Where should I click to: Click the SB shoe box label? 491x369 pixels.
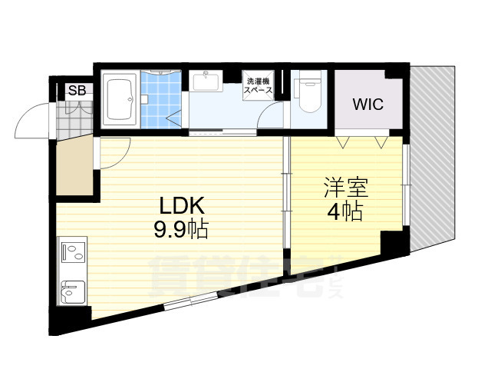77,91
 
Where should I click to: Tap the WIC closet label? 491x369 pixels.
367,105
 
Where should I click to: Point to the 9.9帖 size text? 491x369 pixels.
182,228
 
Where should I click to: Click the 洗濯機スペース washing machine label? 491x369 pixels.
258,86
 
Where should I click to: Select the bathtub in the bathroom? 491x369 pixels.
120,101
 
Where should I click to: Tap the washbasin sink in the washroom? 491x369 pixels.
206,80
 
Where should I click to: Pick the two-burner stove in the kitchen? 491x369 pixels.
72,251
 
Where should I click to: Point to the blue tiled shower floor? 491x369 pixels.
163,105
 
